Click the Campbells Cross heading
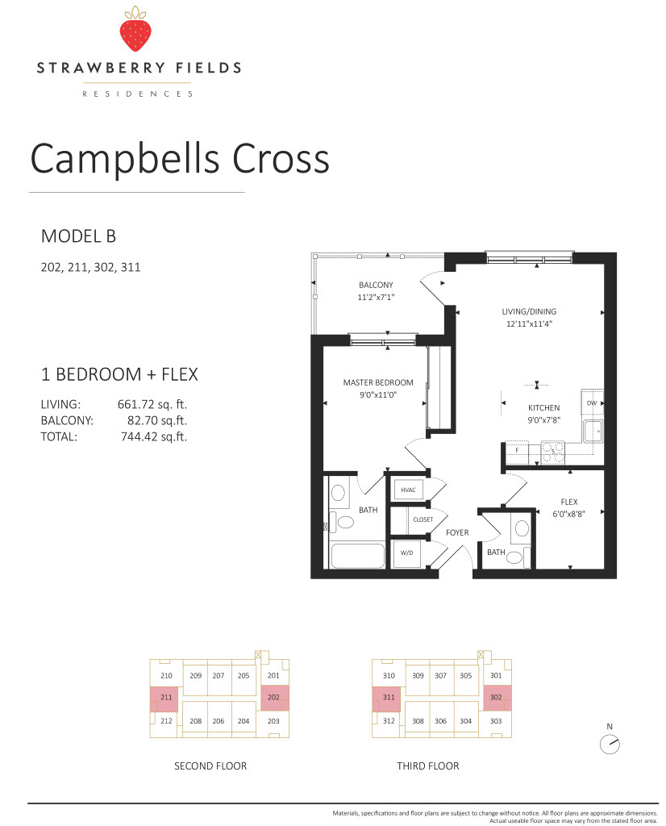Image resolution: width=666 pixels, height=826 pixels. tap(180, 159)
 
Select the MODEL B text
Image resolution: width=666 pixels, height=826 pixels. tap(78, 236)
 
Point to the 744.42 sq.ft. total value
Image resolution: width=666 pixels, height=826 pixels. tap(154, 436)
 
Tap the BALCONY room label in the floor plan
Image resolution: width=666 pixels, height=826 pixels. tap(376, 285)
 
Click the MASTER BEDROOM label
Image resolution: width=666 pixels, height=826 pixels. tap(378, 382)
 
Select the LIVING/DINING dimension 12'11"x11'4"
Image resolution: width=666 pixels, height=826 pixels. tap(529, 324)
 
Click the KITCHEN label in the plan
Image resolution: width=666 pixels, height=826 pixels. tap(544, 407)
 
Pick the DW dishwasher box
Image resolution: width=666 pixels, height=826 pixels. tap(592, 403)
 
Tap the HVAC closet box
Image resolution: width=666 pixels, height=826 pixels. tap(408, 490)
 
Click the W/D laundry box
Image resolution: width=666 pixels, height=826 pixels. tap(407, 553)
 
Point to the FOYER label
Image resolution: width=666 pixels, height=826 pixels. tap(457, 532)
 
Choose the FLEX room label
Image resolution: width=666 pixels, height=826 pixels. tap(569, 502)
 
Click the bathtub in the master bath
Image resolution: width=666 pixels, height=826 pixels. tap(357, 555)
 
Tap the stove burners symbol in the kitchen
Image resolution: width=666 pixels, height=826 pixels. tap(553, 452)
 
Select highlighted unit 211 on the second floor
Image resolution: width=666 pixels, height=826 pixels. tap(164, 699)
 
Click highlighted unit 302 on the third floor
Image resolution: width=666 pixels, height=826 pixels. tap(497, 698)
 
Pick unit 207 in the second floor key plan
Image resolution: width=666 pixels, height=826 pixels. tap(219, 675)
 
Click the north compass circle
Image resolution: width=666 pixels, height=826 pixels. tap(610, 745)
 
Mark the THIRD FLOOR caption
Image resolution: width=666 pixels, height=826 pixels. tap(428, 766)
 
